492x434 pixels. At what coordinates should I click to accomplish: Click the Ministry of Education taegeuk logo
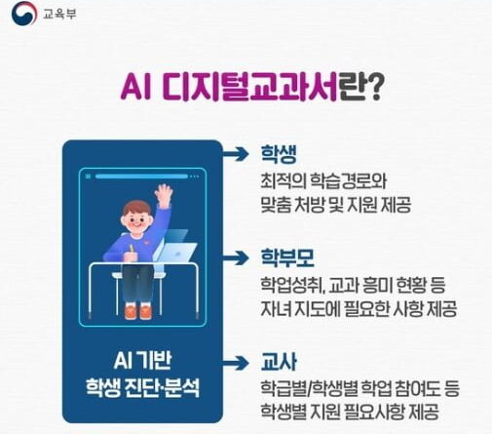[24, 13]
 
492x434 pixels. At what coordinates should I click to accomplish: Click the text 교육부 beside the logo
[59, 15]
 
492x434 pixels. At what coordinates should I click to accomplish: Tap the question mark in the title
[373, 87]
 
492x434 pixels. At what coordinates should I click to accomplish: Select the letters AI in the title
[136, 87]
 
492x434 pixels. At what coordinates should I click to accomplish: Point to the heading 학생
[279, 154]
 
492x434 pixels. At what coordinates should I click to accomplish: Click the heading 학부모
[287, 257]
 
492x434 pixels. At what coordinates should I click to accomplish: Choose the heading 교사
[279, 362]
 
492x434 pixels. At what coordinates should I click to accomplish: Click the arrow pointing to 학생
[236, 154]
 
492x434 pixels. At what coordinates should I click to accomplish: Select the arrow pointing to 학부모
[236, 258]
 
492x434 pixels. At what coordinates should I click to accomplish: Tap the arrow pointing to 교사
[236, 363]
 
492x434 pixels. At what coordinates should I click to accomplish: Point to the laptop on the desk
[175, 247]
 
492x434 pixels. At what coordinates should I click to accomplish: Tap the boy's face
[136, 218]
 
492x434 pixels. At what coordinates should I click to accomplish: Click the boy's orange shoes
[138, 311]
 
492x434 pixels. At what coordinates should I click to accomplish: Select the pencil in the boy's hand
[132, 250]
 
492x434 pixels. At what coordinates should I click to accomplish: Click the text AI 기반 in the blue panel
[142, 361]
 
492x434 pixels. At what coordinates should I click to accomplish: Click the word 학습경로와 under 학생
[349, 180]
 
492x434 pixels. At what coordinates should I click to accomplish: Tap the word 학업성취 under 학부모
[291, 285]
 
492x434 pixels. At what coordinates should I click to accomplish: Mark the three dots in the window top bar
[195, 177]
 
